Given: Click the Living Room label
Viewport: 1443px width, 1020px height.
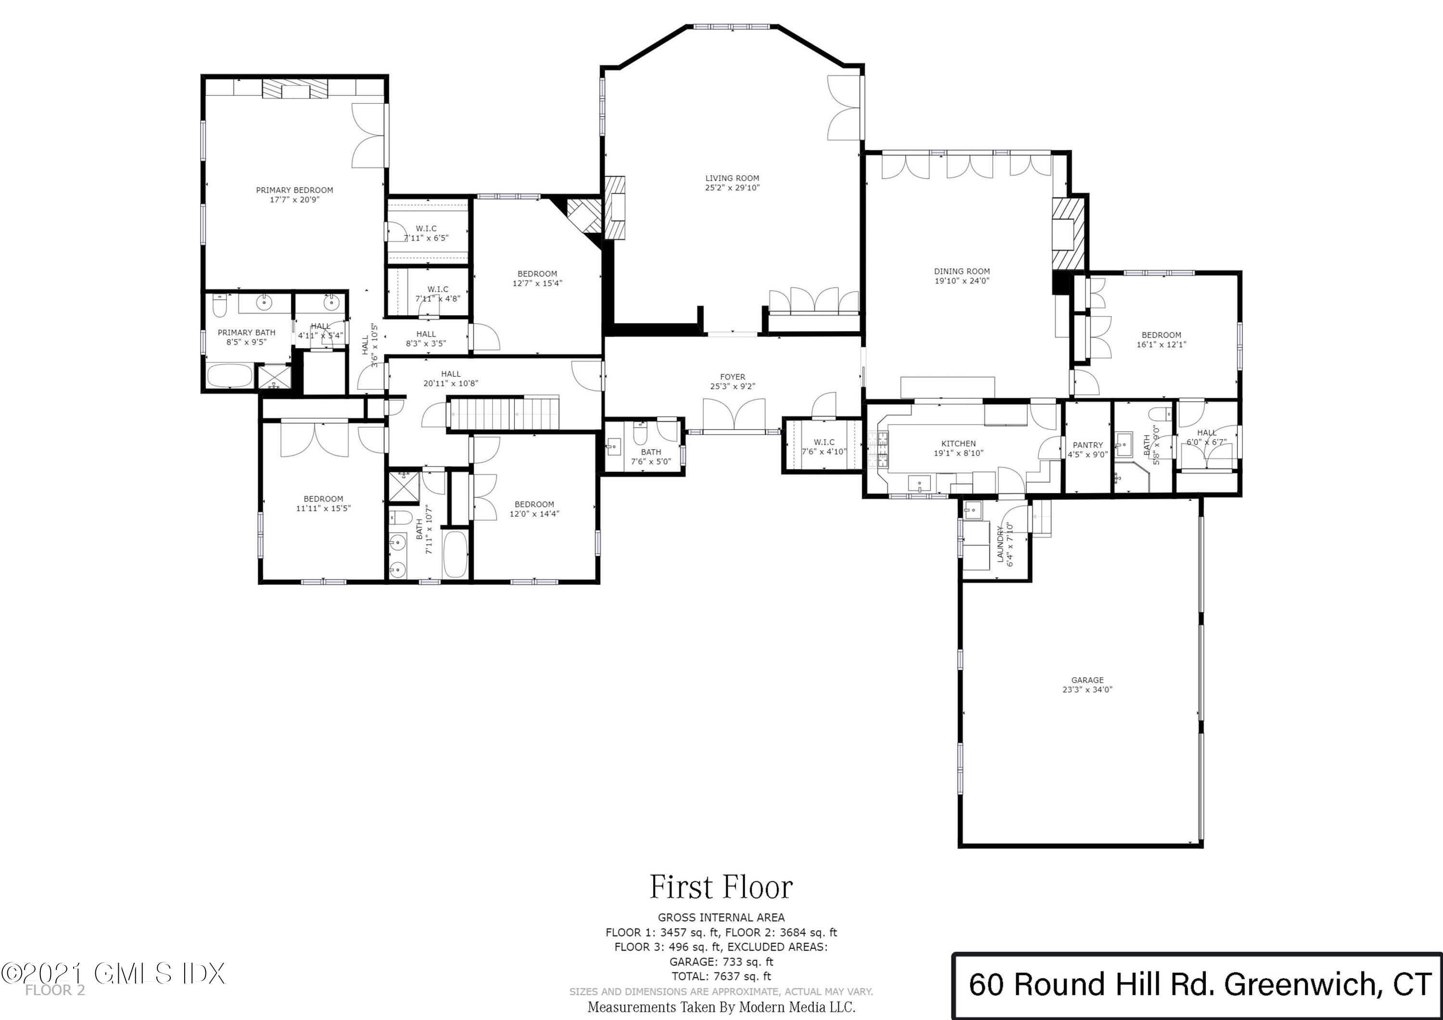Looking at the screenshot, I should click(x=732, y=178).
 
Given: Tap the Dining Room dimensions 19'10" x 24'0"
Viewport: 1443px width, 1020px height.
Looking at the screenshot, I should click(x=962, y=281).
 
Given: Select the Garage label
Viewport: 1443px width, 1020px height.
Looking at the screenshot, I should click(x=1087, y=680).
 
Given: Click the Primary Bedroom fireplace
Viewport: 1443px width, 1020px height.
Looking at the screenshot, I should click(x=295, y=90).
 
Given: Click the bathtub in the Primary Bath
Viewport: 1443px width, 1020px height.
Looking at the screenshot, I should click(x=229, y=377).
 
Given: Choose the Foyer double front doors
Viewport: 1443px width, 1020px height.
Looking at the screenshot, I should click(x=734, y=415).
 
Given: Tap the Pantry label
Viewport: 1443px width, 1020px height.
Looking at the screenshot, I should click(x=1087, y=445).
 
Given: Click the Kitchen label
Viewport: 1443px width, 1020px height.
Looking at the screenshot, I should click(x=959, y=444).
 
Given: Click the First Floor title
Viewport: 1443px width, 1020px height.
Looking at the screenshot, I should click(x=721, y=887).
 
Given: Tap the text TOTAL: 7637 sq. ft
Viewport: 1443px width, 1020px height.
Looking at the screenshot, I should click(x=721, y=976).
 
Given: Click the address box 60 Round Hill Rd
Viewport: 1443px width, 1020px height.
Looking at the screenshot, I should click(x=1197, y=985).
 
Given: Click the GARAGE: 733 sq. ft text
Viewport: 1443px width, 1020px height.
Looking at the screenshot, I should click(x=721, y=961).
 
